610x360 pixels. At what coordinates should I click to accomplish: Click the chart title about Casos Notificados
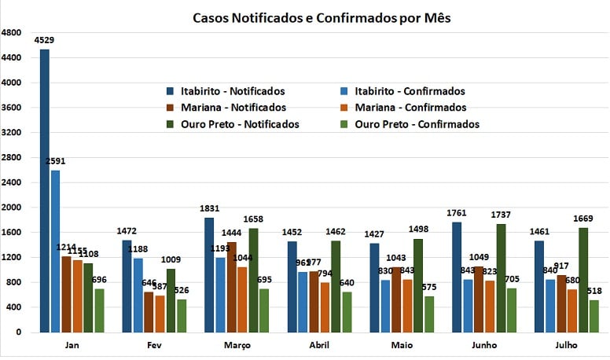point(322,17)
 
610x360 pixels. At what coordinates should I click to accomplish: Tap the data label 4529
point(45,39)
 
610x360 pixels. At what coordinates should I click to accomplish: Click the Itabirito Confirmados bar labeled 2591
point(55,251)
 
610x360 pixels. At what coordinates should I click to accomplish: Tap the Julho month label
point(566,345)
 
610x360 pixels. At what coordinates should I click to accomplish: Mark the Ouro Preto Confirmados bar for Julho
point(593,315)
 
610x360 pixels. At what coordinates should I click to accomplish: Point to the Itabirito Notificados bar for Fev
point(127,286)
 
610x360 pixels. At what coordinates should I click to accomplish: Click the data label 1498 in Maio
point(418,229)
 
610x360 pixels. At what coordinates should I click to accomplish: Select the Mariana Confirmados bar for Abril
point(325,307)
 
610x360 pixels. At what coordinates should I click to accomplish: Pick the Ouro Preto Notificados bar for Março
point(253,280)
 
